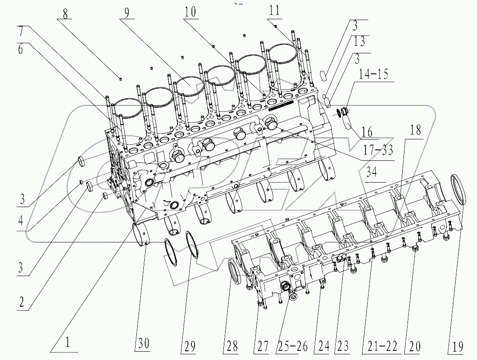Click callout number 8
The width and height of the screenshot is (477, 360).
coord(65,13)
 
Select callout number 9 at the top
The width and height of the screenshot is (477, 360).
coord(126,13)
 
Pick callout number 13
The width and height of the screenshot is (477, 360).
coord(359,42)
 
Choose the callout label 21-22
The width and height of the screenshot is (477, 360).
coord(380,346)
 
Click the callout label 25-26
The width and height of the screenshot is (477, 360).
coord(292,346)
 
